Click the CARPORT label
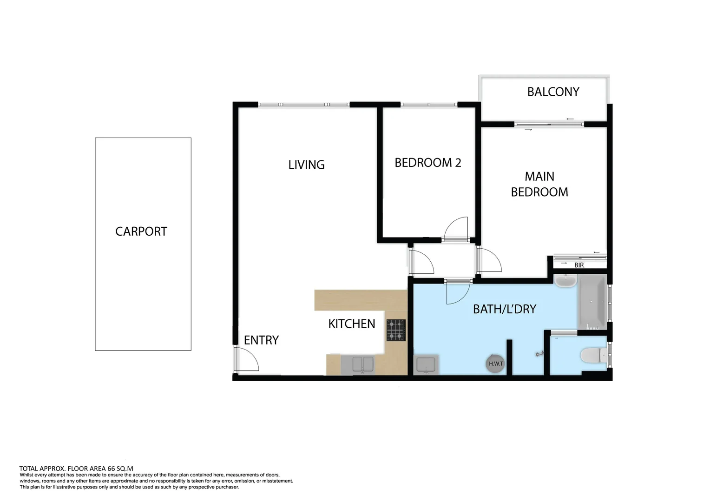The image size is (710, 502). (x=141, y=231)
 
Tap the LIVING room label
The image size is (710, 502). (x=306, y=165)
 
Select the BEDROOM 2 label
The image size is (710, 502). (x=427, y=163)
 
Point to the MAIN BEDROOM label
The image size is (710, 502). (x=539, y=184)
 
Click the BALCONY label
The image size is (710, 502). (x=553, y=92)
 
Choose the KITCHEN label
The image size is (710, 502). (x=351, y=324)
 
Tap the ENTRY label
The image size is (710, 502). (x=261, y=340)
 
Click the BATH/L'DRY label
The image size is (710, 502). (x=504, y=309)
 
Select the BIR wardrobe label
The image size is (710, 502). (x=579, y=265)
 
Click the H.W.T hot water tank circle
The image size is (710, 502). (x=496, y=363)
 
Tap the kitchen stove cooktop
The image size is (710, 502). (x=396, y=330)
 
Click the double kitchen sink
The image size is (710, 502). (x=357, y=364)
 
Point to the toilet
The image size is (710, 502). (x=593, y=357)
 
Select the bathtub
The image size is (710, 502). (x=592, y=302)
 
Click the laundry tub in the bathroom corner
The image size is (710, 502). (x=425, y=364)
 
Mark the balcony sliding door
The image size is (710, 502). (x=549, y=124)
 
